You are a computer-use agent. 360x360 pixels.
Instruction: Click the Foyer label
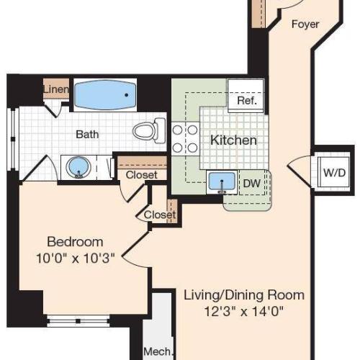[x=305, y=24]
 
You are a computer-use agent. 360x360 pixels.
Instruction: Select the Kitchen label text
[x=233, y=140]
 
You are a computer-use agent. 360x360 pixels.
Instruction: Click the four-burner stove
[x=184, y=138]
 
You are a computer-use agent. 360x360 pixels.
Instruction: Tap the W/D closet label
[x=333, y=172]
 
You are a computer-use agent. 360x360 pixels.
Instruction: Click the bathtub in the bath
[x=106, y=94]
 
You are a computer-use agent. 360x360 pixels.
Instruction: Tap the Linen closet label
[x=56, y=89]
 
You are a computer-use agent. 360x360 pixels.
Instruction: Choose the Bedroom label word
[x=75, y=241]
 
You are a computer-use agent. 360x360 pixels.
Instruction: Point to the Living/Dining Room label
[x=243, y=295]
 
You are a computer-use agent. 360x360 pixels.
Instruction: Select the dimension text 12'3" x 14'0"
[x=243, y=311]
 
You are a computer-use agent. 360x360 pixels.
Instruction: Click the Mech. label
[x=158, y=352]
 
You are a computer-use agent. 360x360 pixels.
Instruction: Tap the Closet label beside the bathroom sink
[x=141, y=175]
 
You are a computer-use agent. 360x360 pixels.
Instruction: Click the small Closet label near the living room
[x=159, y=215]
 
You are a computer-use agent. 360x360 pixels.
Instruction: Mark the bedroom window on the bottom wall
[x=78, y=318]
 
